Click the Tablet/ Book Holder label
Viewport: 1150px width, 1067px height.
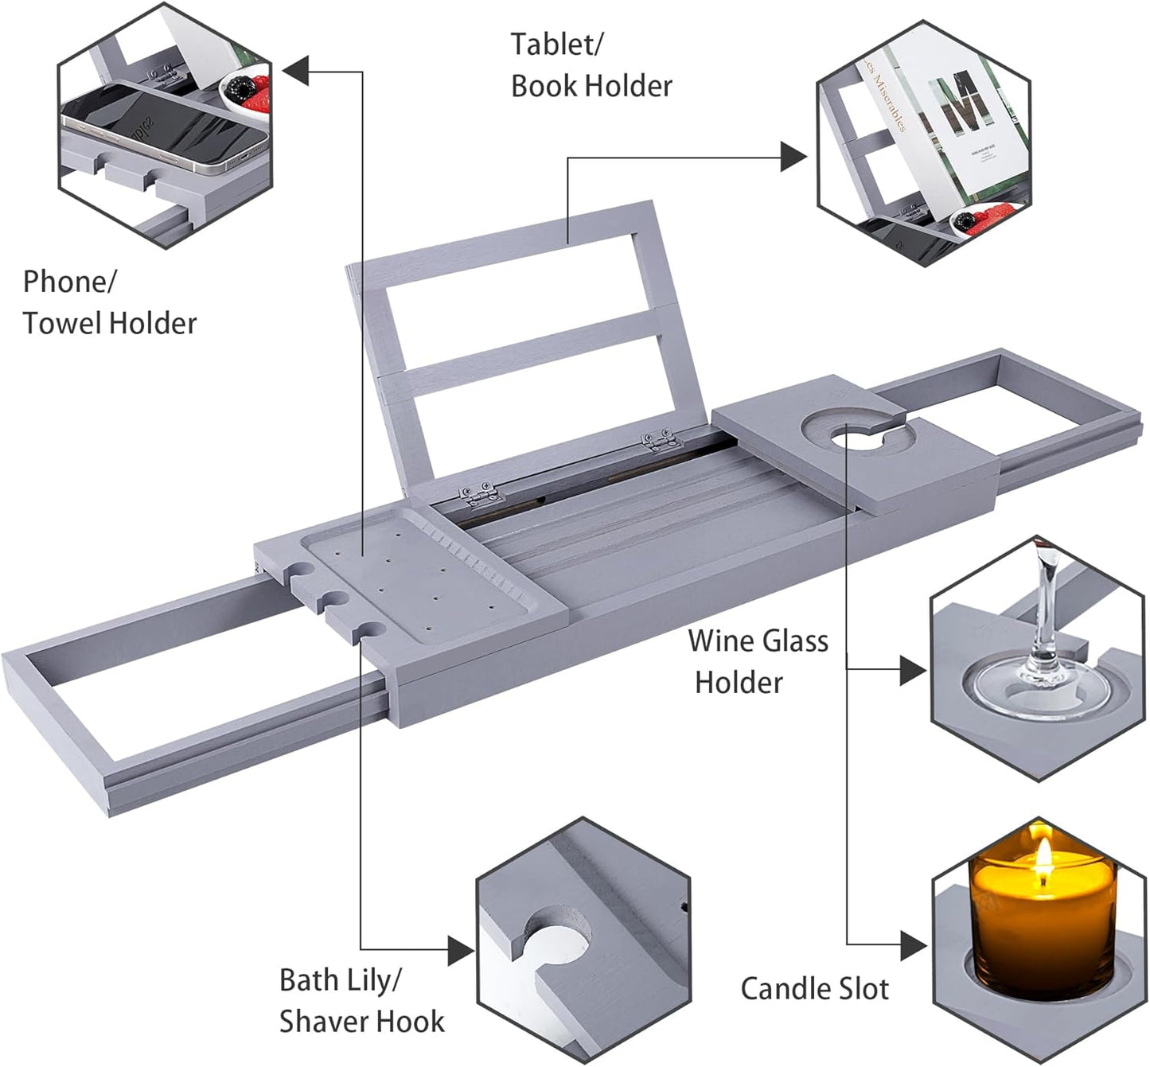591,65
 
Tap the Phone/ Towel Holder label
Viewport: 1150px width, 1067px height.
109,302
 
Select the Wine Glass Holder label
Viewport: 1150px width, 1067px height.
757,661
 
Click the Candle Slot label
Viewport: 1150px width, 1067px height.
814,988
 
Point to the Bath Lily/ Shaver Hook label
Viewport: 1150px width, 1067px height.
361,1000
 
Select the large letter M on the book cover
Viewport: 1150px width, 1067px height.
965,103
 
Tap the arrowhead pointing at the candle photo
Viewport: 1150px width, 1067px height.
913,945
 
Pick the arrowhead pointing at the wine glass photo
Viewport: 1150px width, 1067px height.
913,671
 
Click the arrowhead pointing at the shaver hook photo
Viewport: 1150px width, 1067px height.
460,950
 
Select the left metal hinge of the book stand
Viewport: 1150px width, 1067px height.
482,495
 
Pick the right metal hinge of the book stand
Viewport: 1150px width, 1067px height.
662,439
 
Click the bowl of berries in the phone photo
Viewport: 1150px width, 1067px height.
246,90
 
